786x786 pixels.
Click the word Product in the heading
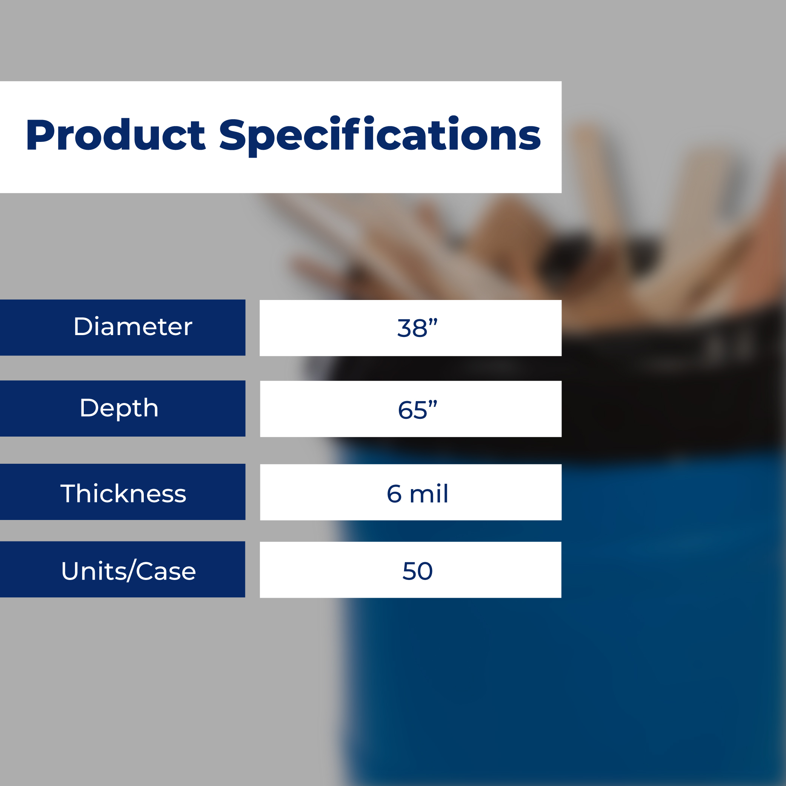pos(116,134)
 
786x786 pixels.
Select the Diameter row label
pos(132,327)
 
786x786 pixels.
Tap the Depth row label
pos(119,408)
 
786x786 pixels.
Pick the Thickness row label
pos(123,494)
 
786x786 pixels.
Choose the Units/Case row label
pos(129,571)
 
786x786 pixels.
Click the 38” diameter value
pos(417,328)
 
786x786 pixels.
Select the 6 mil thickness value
pos(417,493)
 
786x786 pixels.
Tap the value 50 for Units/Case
pos(417,571)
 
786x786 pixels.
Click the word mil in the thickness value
pos(429,493)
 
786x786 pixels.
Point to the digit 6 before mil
pos(394,494)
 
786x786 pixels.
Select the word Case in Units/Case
pos(166,571)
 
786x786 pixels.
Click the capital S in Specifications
pos(233,135)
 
